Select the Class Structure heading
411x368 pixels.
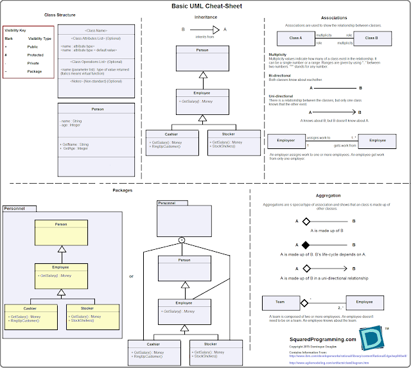[x=60, y=14]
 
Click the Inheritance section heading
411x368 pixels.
[x=205, y=17]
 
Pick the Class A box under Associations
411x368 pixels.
[x=295, y=38]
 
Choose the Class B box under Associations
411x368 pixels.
[x=371, y=38]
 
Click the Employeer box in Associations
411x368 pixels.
[x=286, y=140]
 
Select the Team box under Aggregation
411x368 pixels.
[x=280, y=301]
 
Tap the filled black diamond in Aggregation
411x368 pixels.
[x=306, y=245]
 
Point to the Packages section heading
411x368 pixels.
[x=122, y=191]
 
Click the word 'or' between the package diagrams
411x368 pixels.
[x=131, y=276]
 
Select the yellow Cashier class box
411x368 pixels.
[x=31, y=313]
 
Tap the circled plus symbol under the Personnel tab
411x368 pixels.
[x=182, y=240]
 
